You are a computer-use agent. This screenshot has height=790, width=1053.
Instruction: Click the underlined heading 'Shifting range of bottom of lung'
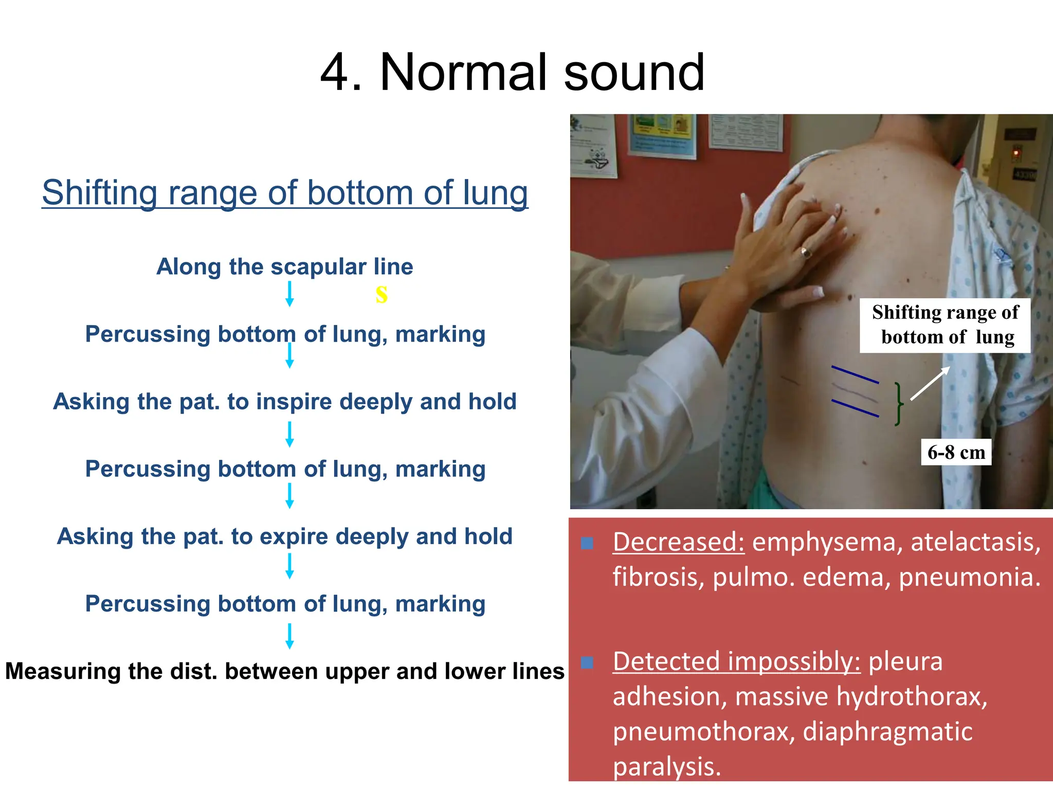[x=285, y=193]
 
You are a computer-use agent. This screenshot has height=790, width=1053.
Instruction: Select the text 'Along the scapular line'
[x=285, y=267]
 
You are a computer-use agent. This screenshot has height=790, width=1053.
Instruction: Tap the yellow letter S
[x=381, y=294]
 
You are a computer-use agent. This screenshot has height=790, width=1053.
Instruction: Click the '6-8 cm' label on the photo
[x=956, y=453]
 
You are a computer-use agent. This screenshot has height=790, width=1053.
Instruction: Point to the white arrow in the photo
[x=930, y=384]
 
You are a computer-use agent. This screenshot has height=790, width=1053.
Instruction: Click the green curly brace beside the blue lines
[x=898, y=404]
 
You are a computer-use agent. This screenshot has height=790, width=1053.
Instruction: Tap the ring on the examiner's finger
[x=805, y=252]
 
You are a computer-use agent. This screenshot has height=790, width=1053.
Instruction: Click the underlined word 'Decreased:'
[x=678, y=542]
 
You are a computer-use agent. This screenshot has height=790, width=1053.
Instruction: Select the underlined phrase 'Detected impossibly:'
[x=736, y=661]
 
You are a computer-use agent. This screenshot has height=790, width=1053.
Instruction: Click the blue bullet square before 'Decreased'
[x=587, y=543]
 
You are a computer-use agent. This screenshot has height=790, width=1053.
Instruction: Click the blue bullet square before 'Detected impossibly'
[x=587, y=662]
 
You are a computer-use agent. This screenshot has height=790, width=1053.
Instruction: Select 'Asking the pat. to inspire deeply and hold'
[x=285, y=402]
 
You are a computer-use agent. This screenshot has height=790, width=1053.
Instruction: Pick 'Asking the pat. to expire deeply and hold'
[x=285, y=536]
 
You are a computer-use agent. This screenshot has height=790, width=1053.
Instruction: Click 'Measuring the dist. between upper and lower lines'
[x=285, y=671]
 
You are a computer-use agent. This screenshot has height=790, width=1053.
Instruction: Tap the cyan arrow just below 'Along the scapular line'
[x=289, y=294]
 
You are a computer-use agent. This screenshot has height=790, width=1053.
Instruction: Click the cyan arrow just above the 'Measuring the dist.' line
[x=289, y=636]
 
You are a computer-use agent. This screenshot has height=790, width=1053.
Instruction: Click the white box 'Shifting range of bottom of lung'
[x=945, y=325]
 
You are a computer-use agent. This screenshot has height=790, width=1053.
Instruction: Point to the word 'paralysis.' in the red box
[x=667, y=767]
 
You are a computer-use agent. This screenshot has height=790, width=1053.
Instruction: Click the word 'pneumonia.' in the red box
[x=970, y=577]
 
